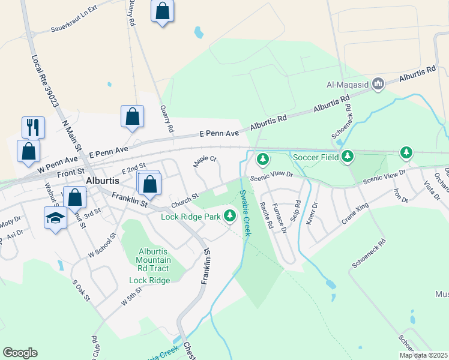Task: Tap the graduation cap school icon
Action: point(55,218)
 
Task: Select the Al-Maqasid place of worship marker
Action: point(378,83)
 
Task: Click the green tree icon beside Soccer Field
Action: point(348,157)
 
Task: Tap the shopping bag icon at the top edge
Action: point(163,11)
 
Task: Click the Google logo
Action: point(20,352)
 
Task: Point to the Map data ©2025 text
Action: point(423,355)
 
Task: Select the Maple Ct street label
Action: point(204,162)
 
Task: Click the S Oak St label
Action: point(80,290)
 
